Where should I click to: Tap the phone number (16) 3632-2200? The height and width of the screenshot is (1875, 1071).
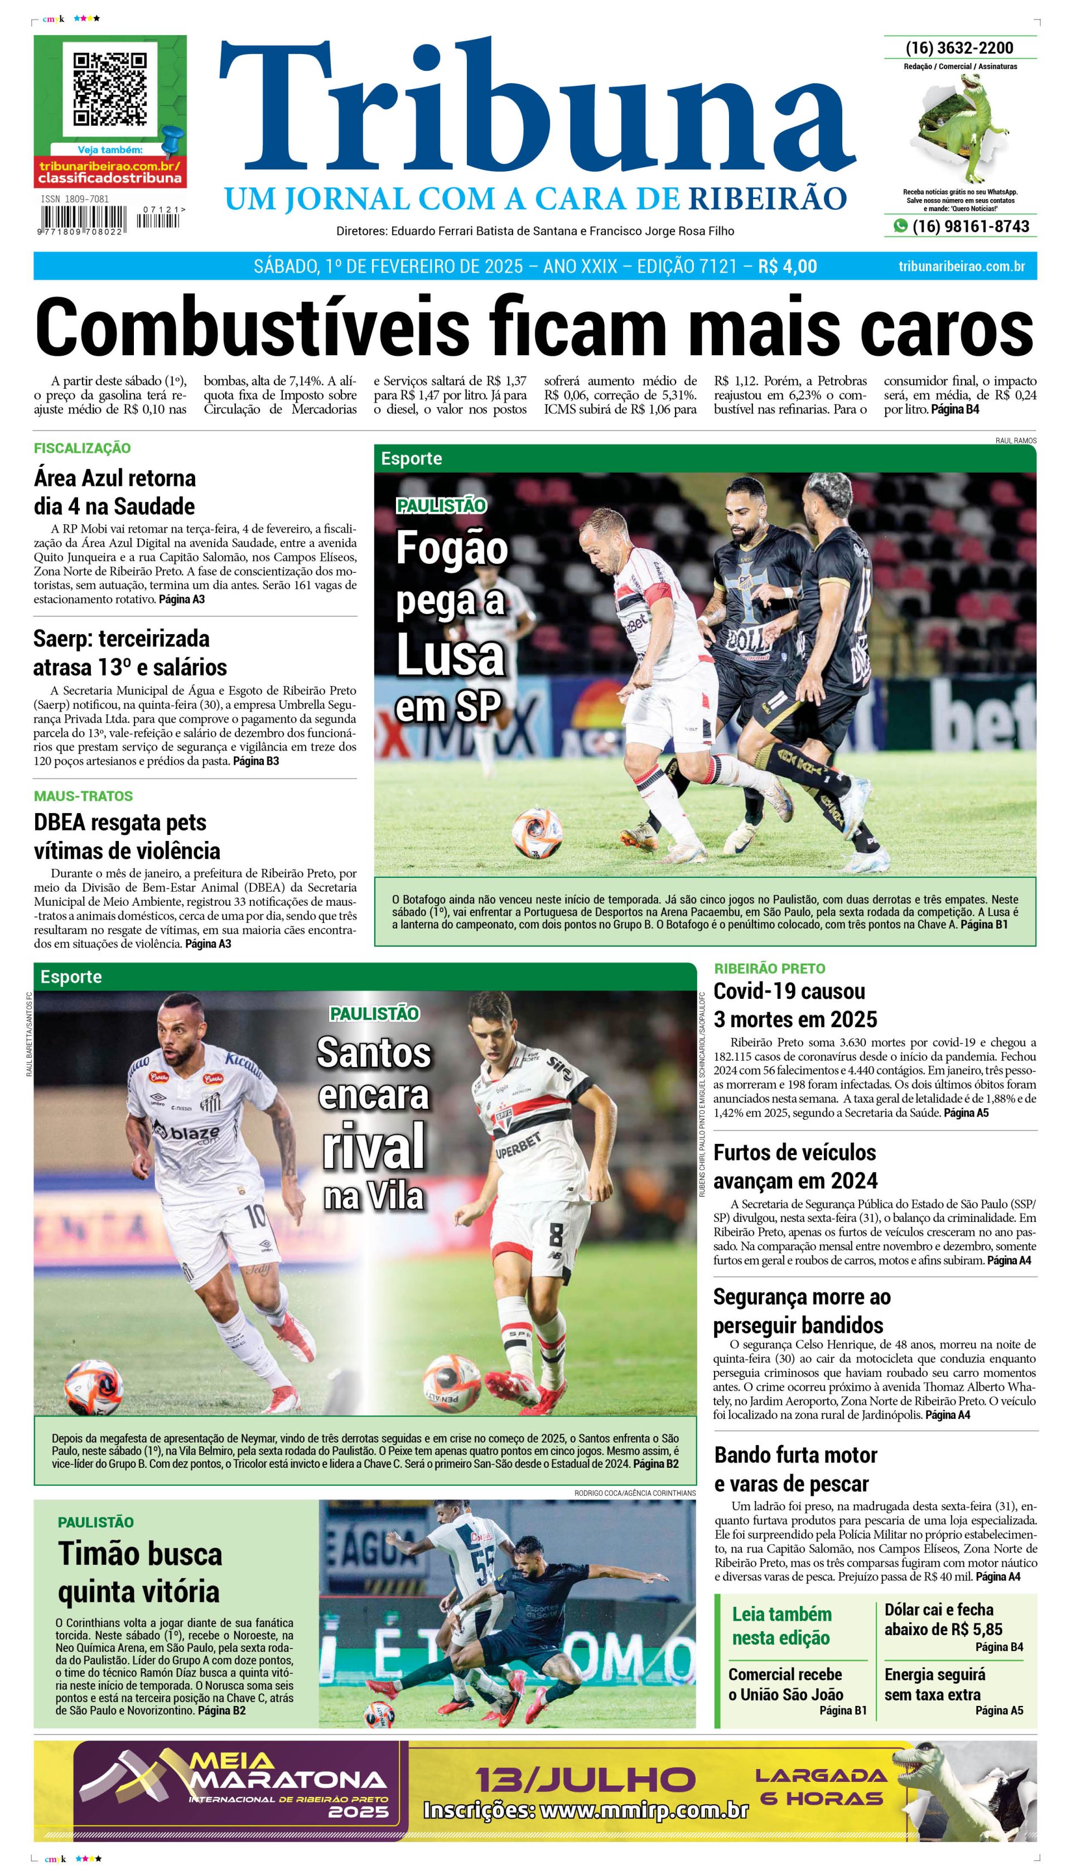959,48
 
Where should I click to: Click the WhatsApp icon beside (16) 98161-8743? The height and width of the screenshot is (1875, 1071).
900,226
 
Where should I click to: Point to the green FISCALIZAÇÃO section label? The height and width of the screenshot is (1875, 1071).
83,448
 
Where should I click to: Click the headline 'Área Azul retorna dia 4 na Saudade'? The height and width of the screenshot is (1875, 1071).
115,492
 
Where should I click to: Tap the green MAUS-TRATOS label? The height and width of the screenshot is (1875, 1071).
83,796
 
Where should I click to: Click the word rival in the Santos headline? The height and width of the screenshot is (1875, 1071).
374,1146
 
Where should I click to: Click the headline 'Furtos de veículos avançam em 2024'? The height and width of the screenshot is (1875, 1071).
795,1166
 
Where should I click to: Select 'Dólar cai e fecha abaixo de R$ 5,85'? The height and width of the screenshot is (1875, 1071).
943,1619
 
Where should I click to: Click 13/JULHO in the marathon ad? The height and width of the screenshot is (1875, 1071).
585,1780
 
